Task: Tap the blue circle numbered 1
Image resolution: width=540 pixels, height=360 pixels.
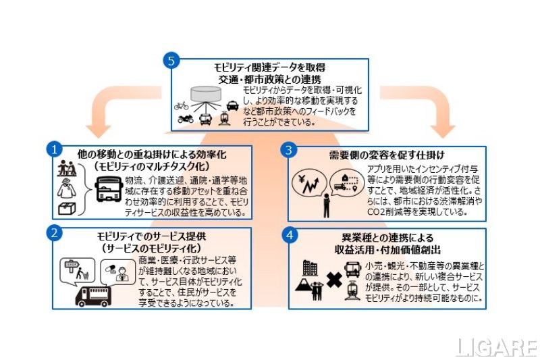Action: pos(58,147)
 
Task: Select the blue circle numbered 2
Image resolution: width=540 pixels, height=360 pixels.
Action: pos(58,231)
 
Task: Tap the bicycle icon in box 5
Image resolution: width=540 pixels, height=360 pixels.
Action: pos(181,105)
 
